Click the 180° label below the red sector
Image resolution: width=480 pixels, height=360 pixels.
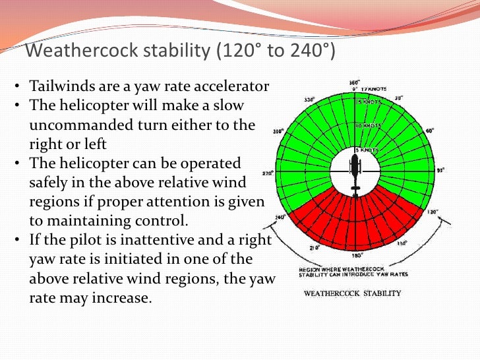[357, 255]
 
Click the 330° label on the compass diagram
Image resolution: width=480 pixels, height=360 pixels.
[309, 100]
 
